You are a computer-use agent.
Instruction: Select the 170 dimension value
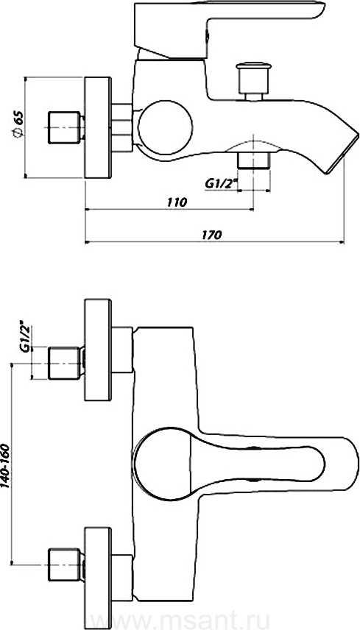[x=213, y=235]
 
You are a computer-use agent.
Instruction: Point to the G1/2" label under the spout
[x=221, y=183]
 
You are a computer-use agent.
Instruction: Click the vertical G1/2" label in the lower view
[x=24, y=336]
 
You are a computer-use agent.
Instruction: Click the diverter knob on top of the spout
[x=253, y=81]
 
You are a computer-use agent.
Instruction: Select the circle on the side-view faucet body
[x=166, y=129]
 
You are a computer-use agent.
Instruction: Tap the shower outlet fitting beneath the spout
[x=253, y=160]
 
